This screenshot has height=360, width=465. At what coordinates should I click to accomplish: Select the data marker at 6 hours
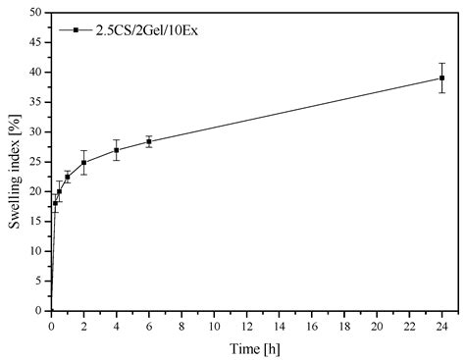tap(149, 141)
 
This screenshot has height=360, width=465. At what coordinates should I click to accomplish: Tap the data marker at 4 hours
tap(117, 150)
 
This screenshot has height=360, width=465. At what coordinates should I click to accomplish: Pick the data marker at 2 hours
tap(84, 162)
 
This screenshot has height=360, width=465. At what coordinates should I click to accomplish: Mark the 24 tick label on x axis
tap(442, 325)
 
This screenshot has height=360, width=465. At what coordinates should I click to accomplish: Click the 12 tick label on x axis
tap(247, 325)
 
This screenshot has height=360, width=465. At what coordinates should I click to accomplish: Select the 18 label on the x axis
tap(344, 325)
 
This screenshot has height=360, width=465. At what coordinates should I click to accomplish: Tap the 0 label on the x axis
tap(52, 325)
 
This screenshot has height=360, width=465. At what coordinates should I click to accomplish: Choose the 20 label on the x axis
tap(378, 325)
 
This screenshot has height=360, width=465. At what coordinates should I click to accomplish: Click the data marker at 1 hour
tap(68, 177)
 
